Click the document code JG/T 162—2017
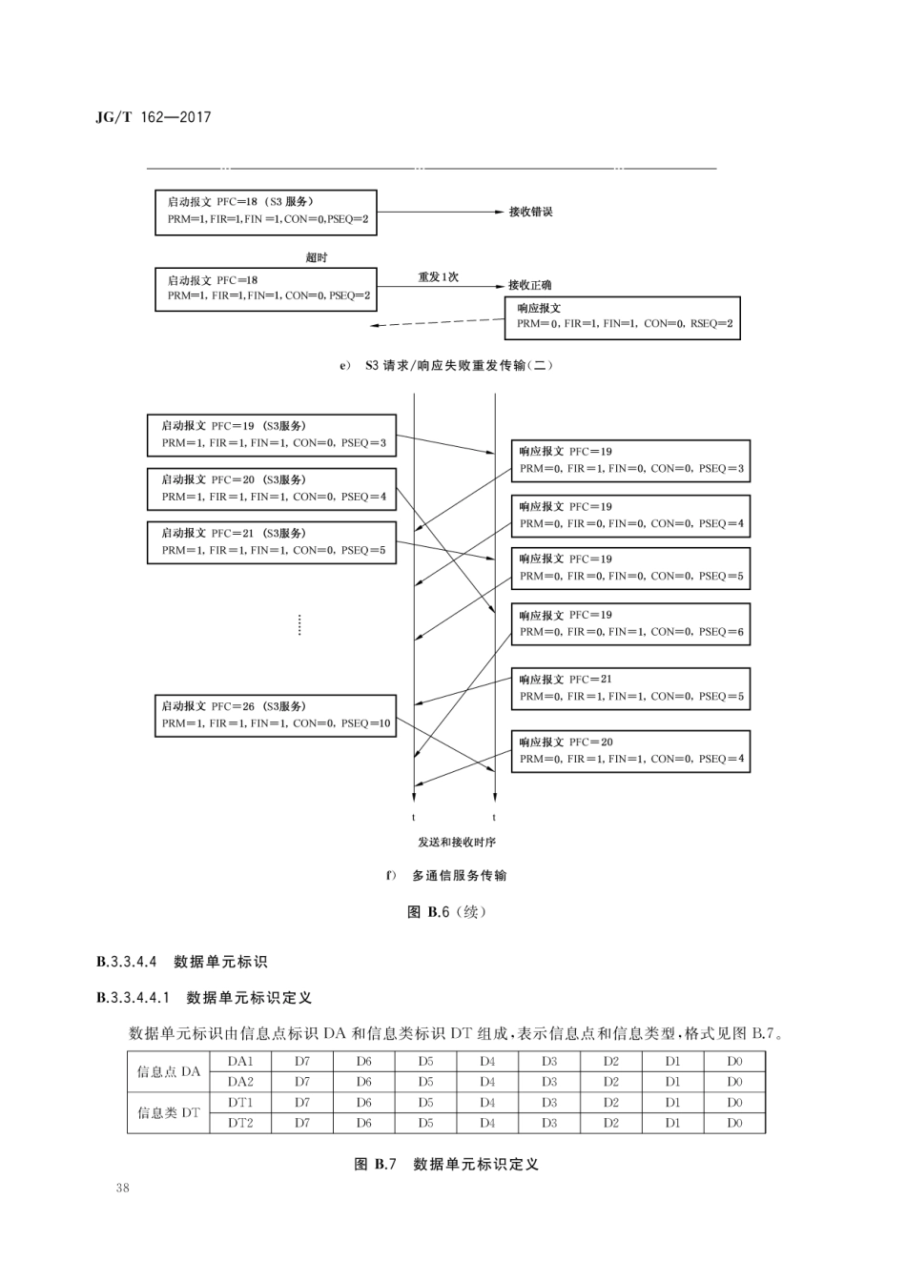coord(154,117)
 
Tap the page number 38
coord(122,1188)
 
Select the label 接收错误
coord(530,212)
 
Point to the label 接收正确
coord(529,285)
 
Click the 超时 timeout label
coord(317,257)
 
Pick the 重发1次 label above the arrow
coord(438,277)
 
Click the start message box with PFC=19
coord(272,435)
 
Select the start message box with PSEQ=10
coord(276,715)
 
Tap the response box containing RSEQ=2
coord(624,316)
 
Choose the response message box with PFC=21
coord(630,688)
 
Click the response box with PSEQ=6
coord(630,623)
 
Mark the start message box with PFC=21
coord(272,541)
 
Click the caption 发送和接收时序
coord(457,843)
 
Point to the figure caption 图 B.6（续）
coord(446,912)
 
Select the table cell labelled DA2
coord(240,1082)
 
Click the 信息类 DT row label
coord(170,1112)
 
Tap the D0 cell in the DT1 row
coord(733,1103)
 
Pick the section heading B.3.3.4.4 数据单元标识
coord(181,962)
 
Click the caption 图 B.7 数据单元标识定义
coord(446,1164)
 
